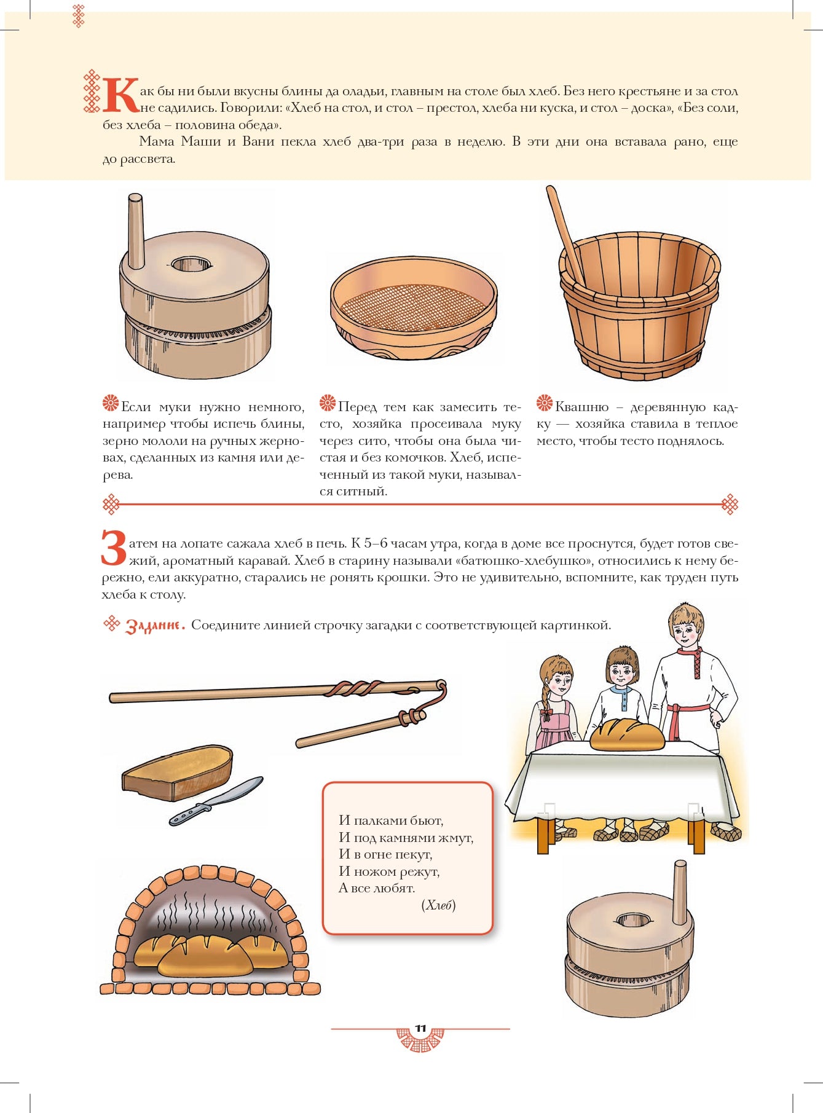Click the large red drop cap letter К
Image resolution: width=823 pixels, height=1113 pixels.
coord(122,95)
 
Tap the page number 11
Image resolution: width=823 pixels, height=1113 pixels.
coord(420,1028)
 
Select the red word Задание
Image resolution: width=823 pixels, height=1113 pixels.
coord(155,626)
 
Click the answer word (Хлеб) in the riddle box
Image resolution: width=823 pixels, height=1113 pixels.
coord(438,905)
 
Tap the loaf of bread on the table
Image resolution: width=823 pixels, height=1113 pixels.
coord(627,734)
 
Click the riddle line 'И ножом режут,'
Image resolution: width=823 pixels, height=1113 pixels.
coord(389,871)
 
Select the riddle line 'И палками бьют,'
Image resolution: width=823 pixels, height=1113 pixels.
coord(391,820)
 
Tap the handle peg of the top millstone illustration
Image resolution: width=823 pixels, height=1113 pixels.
coord(136,231)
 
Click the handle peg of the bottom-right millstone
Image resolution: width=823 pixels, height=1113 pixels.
coord(679,892)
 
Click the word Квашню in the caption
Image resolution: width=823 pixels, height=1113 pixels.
coord(582,407)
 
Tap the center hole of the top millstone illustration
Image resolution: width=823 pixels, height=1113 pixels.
coord(192,265)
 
